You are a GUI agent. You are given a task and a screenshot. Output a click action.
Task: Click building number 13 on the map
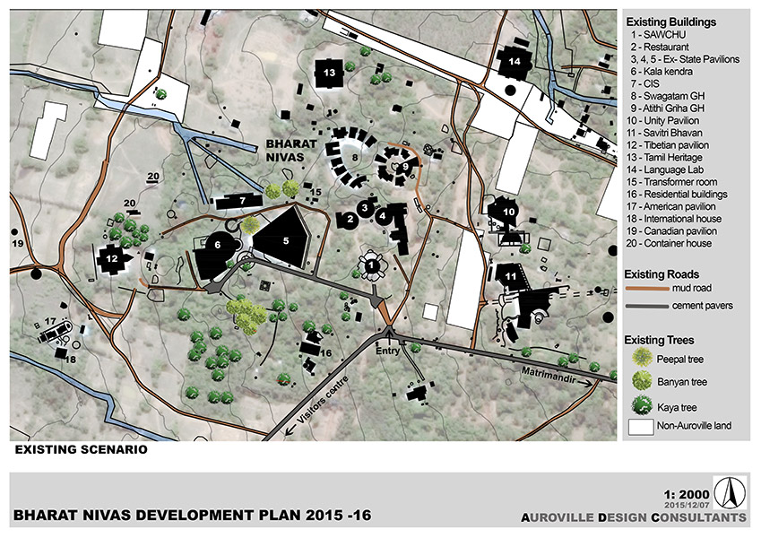tap(329, 72)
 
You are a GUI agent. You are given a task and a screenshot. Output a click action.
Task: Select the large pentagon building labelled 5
tap(286, 239)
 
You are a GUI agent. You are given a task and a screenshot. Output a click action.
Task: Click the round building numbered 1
tap(371, 265)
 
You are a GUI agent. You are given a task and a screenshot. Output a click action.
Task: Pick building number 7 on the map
tap(241, 199)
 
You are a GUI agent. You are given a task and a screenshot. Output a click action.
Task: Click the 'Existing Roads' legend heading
tap(662, 273)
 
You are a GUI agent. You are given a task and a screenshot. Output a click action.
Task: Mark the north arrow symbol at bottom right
tap(733, 492)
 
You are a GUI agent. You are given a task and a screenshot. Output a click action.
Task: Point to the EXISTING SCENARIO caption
tap(79, 449)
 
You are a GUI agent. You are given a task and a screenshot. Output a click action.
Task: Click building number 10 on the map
tap(508, 212)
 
